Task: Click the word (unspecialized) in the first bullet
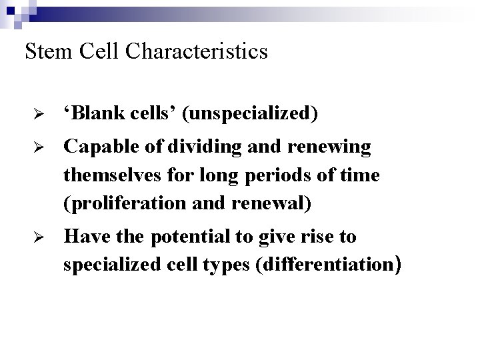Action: click(253, 114)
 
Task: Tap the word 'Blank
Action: click(93, 113)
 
